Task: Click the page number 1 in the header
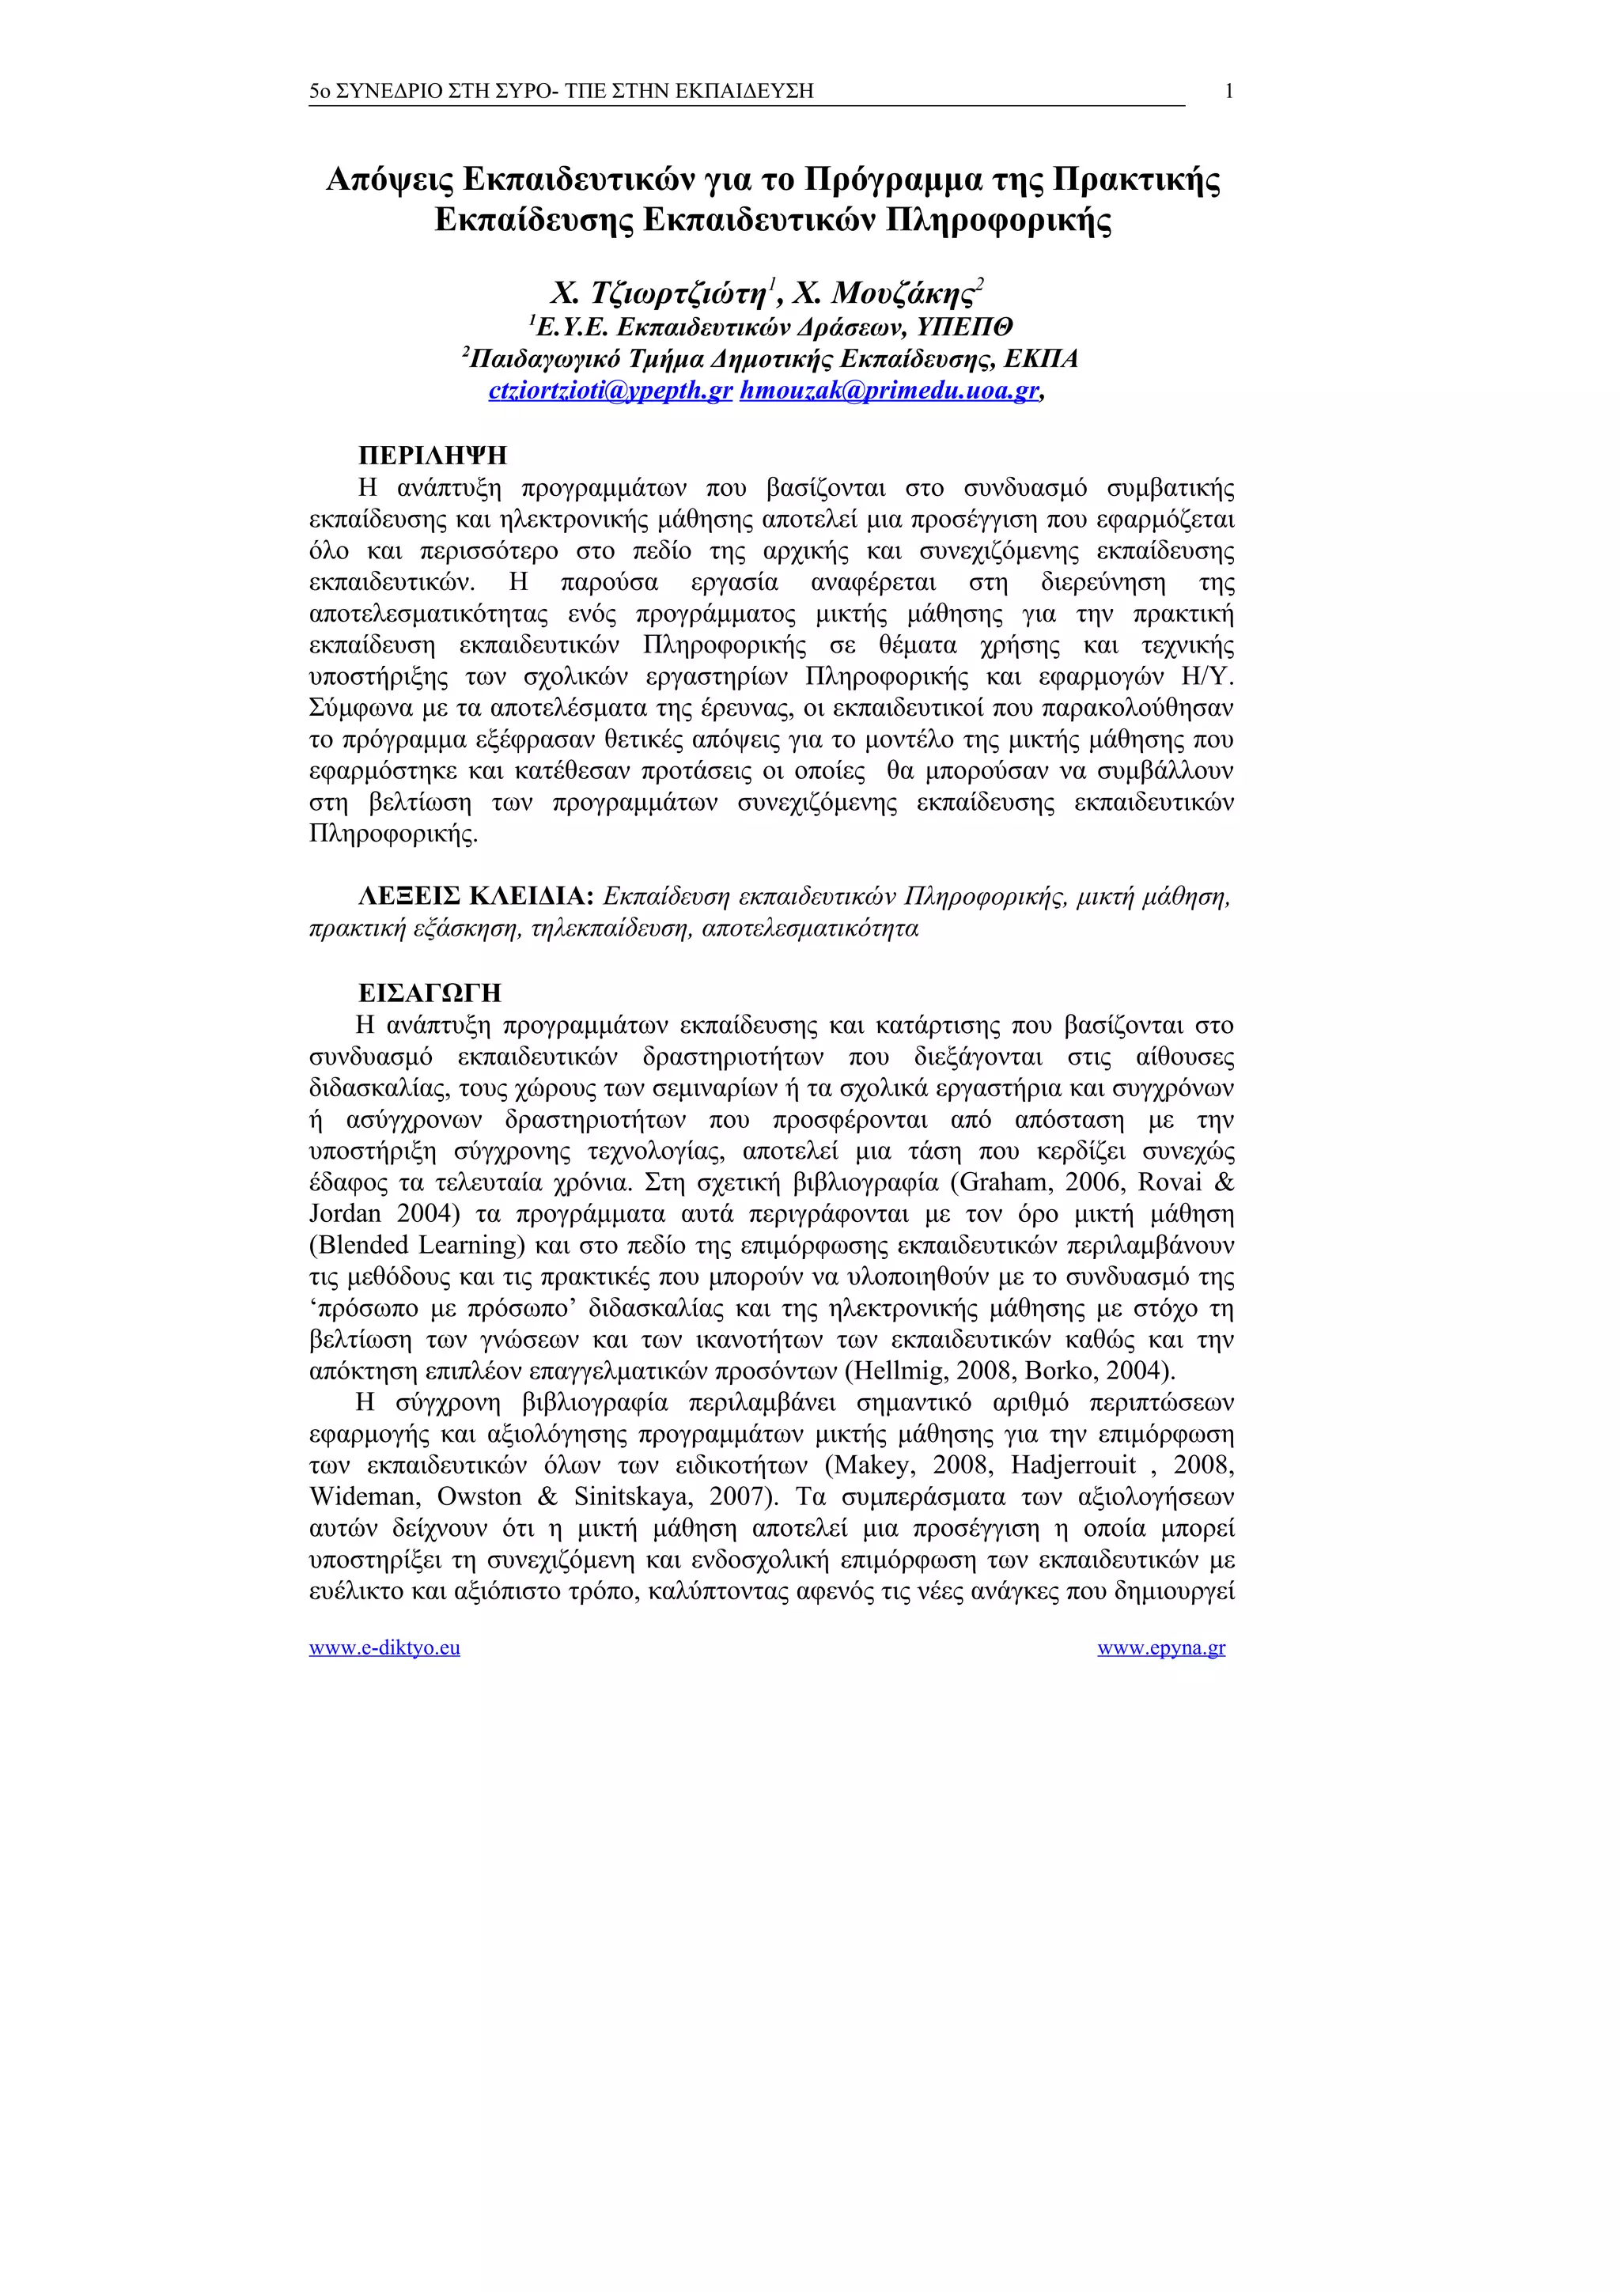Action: click(1228, 92)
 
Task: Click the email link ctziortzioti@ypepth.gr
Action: click(611, 391)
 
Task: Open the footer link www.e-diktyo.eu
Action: click(384, 1648)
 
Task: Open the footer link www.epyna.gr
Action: click(1161, 1648)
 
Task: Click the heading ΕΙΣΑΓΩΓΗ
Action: click(430, 993)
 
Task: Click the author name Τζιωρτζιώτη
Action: click(678, 294)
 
